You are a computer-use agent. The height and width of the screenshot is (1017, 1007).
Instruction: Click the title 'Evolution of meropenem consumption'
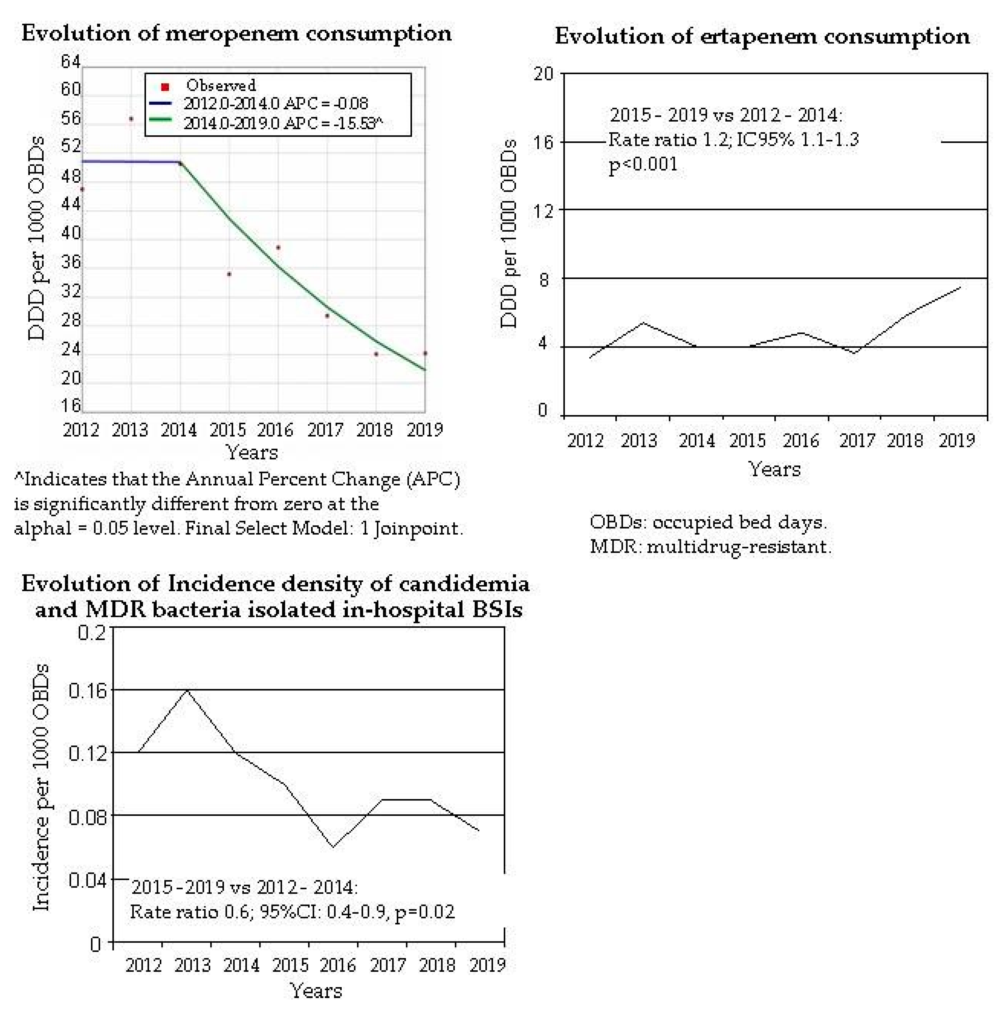(x=236, y=34)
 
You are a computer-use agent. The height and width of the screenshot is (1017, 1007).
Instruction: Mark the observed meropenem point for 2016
(x=278, y=248)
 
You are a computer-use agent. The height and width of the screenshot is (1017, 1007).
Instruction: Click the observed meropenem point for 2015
(x=229, y=274)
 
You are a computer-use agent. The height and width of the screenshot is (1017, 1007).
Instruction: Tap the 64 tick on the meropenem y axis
(x=70, y=62)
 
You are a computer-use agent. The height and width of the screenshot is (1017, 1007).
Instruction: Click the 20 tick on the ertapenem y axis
(x=544, y=74)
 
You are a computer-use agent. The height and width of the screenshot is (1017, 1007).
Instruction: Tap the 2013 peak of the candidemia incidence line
(x=187, y=689)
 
